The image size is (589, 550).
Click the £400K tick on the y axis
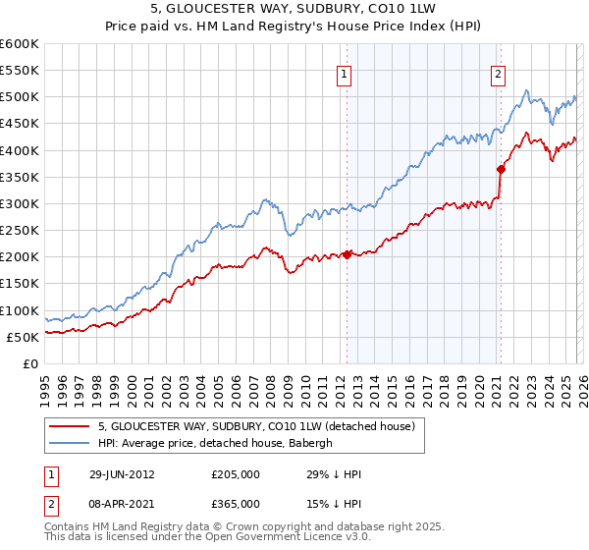[19, 150]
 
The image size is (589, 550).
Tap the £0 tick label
[29, 363]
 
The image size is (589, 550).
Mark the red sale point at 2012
[347, 254]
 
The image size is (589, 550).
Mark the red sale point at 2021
[501, 169]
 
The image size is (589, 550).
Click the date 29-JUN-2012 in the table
[122, 474]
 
